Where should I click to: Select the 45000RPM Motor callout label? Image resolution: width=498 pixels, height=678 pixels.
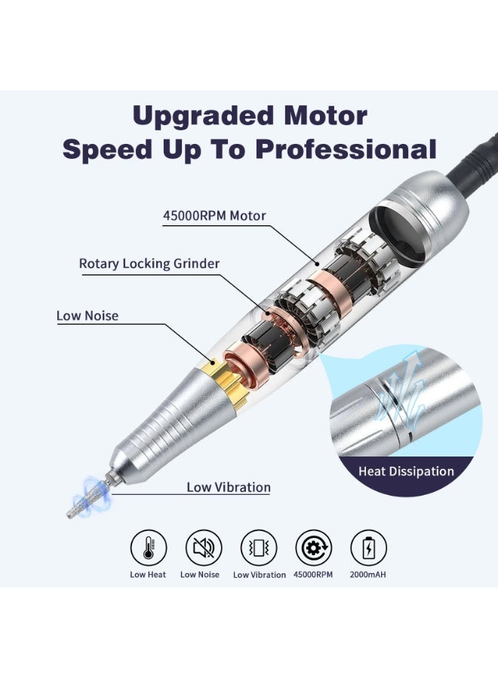coord(214,215)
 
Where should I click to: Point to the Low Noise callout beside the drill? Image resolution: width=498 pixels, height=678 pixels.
coord(88,316)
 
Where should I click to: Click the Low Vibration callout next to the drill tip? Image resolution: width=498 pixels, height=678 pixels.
coord(228,487)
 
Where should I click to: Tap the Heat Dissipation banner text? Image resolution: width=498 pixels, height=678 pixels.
coord(406,472)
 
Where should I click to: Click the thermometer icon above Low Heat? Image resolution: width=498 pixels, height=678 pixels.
coord(149,548)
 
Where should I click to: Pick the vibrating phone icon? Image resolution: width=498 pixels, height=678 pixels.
coord(259,548)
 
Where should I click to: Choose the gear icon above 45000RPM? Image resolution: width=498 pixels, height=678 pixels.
coord(314,548)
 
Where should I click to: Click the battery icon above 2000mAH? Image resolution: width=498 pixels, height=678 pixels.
coord(369,548)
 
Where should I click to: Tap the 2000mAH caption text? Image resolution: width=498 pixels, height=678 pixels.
coord(369,575)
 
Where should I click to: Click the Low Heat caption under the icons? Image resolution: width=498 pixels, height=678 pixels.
coord(148,575)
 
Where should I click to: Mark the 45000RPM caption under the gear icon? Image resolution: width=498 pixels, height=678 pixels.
coord(313,575)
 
